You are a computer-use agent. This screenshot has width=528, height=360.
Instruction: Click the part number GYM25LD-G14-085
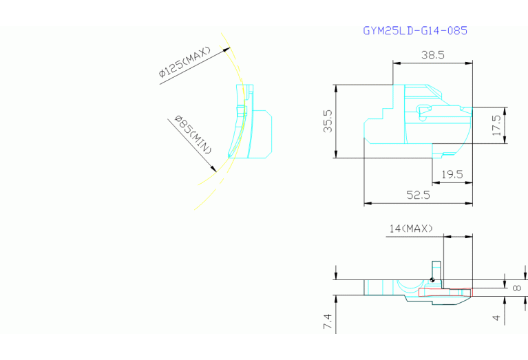pos(415,31)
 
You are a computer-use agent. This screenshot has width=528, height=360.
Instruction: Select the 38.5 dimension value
pos(433,55)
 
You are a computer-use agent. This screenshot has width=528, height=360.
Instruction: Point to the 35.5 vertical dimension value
pos(328,121)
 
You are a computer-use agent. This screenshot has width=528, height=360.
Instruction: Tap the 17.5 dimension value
pos(497,125)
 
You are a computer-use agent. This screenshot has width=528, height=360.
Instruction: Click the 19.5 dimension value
pos(452,174)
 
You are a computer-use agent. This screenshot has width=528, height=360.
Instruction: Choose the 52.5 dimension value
pos(418,195)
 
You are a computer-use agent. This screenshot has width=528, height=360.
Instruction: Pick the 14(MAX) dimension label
pos(411,229)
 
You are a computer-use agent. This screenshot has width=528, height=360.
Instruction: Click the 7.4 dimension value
pos(328,321)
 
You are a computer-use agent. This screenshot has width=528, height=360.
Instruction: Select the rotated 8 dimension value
pos(517,288)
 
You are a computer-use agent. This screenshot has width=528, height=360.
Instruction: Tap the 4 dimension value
pos(496,317)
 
